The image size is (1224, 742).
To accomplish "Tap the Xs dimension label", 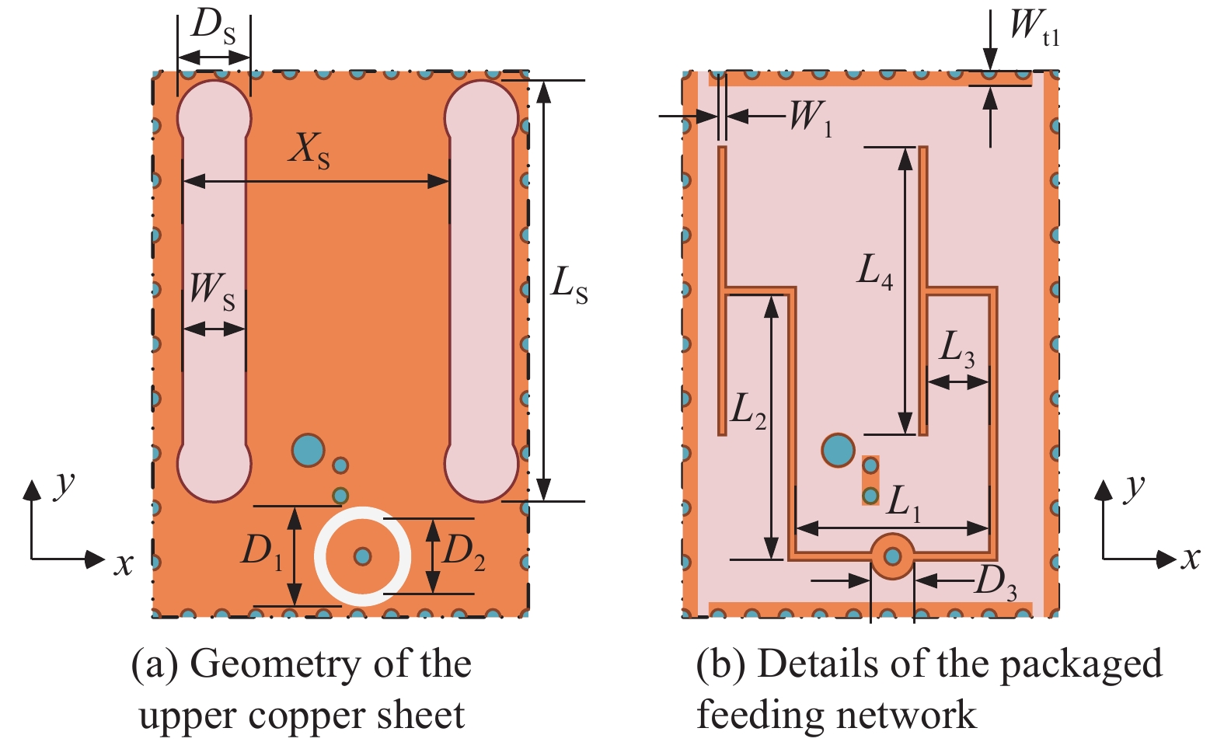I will (309, 149).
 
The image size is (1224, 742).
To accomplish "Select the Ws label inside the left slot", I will (212, 290).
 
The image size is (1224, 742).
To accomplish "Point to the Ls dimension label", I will (569, 284).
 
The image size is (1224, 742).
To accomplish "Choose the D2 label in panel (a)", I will (464, 552).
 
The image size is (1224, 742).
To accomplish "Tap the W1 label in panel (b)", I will (811, 119).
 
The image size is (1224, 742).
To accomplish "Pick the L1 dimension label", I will (903, 502).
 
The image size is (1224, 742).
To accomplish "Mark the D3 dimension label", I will (996, 583).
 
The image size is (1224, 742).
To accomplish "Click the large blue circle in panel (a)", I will (308, 450).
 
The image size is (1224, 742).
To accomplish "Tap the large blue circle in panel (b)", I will (838, 450).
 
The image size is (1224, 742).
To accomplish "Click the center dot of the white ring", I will (362, 556).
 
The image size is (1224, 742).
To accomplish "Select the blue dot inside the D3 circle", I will (892, 556).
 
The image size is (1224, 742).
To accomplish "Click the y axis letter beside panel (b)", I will (1135, 488).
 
